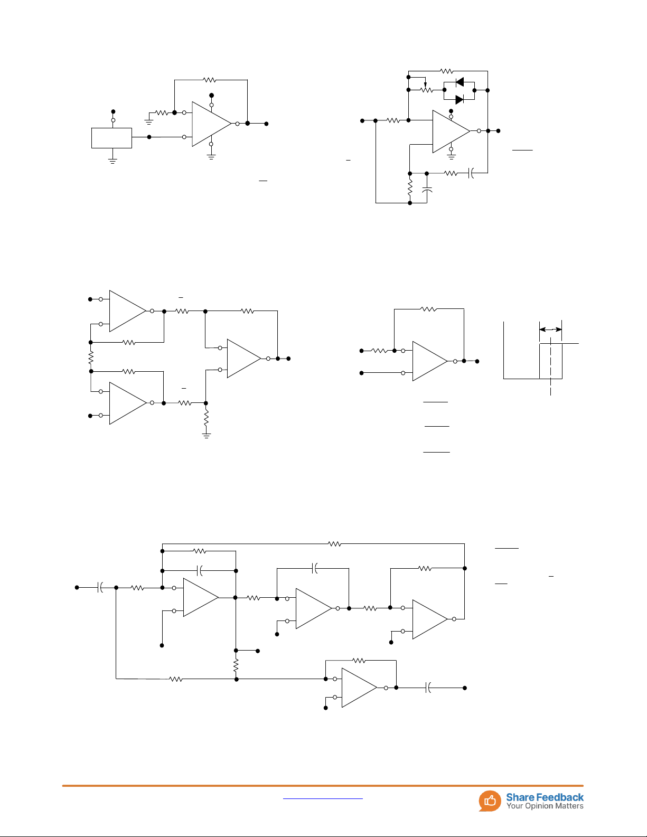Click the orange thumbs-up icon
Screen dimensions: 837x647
pyautogui.click(x=490, y=801)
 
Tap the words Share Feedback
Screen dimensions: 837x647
pyautogui.click(x=545, y=797)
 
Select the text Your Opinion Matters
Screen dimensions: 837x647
pyautogui.click(x=545, y=806)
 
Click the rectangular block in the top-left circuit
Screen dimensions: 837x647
pyautogui.click(x=111, y=138)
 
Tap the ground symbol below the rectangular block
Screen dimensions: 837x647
pyautogui.click(x=112, y=161)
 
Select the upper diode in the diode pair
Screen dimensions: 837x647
pyautogui.click(x=460, y=82)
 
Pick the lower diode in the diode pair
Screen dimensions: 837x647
pyautogui.click(x=460, y=99)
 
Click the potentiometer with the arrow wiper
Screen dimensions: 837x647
pyautogui.click(x=426, y=90)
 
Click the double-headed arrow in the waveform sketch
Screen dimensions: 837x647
pyautogui.click(x=550, y=330)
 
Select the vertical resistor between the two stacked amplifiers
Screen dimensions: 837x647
pyautogui.click(x=91, y=357)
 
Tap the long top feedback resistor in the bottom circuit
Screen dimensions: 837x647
pyautogui.click(x=334, y=543)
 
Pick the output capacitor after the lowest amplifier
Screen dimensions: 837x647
pyautogui.click(x=428, y=688)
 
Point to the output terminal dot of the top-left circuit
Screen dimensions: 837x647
pyautogui.click(x=266, y=124)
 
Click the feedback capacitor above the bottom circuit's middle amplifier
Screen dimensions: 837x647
pyautogui.click(x=315, y=568)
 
